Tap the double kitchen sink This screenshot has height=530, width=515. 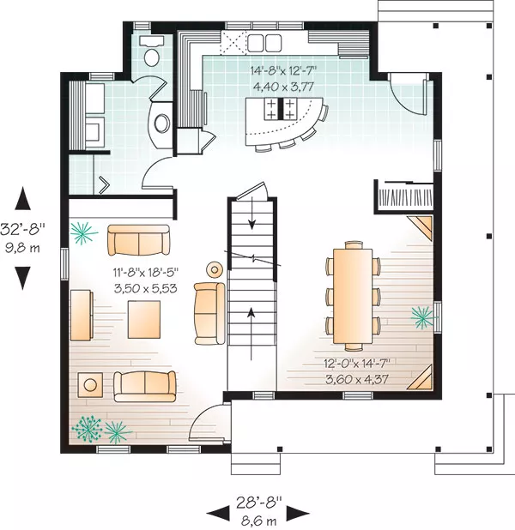point(264,43)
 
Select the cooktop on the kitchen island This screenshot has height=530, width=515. point(280,109)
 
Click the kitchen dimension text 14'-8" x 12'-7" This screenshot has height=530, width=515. point(283,71)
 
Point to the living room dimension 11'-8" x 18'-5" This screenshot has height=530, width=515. point(146,271)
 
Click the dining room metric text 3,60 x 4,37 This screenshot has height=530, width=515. point(357,379)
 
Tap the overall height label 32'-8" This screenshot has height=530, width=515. point(22,229)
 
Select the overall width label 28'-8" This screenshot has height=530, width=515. point(259,503)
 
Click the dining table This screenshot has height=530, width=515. point(353,296)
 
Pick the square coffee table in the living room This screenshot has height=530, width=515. point(144,319)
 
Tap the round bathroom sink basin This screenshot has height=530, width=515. point(161,123)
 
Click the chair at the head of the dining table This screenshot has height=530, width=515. point(353,245)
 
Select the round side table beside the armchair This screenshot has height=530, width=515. point(215,269)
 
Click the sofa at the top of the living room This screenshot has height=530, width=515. point(138,239)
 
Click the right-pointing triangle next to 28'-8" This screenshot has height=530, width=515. point(298,514)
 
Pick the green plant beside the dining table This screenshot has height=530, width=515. point(422,317)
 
